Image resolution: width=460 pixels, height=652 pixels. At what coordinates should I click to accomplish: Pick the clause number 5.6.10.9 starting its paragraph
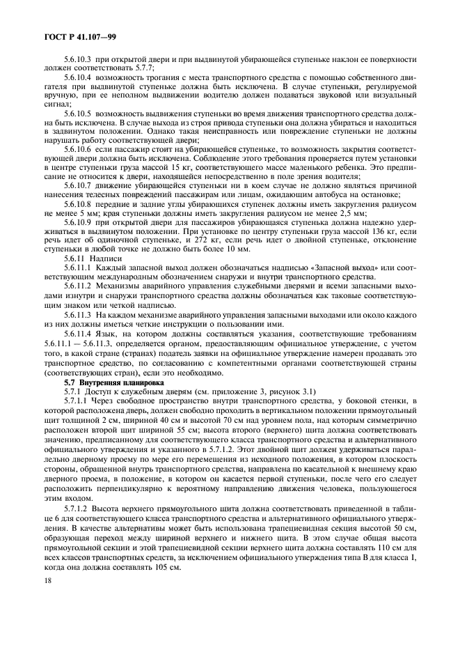click(78, 222)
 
